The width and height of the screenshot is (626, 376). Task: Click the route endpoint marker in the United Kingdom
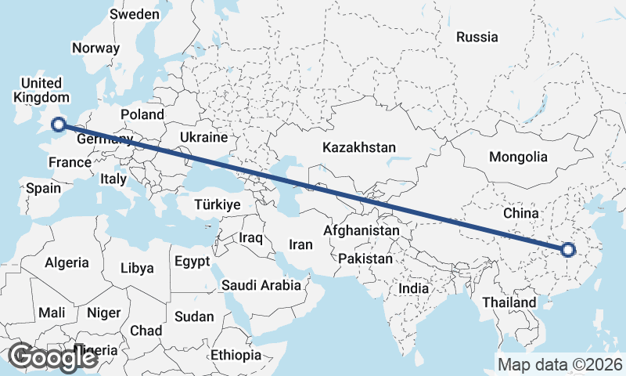[58, 123]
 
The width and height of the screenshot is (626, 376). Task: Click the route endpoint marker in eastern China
[568, 250]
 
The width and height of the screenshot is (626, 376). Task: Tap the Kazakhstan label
[359, 147]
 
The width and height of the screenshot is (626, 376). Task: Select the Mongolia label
[518, 157]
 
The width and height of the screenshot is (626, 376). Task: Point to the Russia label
[477, 36]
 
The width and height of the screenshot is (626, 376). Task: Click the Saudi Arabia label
[261, 285]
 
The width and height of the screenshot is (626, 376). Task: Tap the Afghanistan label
[362, 231]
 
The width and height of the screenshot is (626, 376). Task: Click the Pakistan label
[366, 258]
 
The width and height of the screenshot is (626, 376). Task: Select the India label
[414, 288]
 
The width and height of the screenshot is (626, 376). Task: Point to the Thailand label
[509, 302]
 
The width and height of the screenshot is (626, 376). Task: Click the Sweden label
[135, 14]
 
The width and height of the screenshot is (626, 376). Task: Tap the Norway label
[95, 48]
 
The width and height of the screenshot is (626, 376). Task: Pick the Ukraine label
[203, 137]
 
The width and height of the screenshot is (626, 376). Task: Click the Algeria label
[67, 263]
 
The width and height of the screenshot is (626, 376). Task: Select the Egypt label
[192, 261]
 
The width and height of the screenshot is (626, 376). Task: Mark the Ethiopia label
[236, 355]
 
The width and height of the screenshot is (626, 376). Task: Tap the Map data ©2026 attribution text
[560, 364]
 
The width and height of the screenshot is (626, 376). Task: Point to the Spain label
[43, 188]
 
